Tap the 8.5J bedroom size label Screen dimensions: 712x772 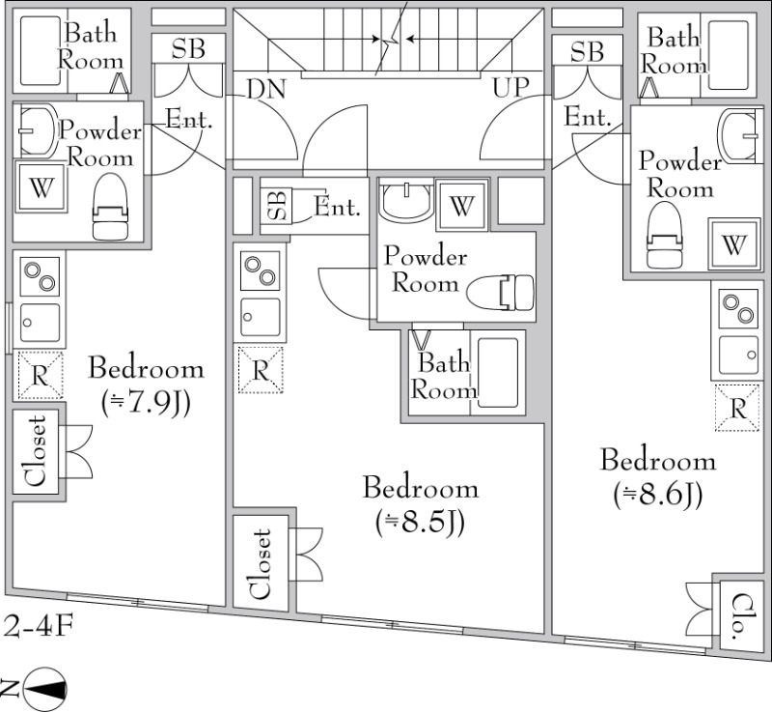pos(421,523)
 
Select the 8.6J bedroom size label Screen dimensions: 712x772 pos(657,494)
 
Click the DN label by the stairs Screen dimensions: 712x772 pos(265,90)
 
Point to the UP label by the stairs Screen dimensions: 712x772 pos(512,90)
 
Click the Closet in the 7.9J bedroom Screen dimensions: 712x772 pos(36,452)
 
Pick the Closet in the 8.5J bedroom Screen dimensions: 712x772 pos(260,563)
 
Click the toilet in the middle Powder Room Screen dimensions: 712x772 pos(503,292)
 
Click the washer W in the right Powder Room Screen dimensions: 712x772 pos(734,245)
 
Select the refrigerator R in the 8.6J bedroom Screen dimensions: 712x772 pos(738,408)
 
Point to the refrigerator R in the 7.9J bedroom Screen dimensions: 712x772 pos(40,376)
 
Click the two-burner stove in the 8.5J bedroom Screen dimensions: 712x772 pos(260,271)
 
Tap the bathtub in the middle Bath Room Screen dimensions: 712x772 pos(499,372)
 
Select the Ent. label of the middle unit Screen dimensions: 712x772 pos(338,206)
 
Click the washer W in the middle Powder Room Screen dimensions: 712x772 pos(461,205)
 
